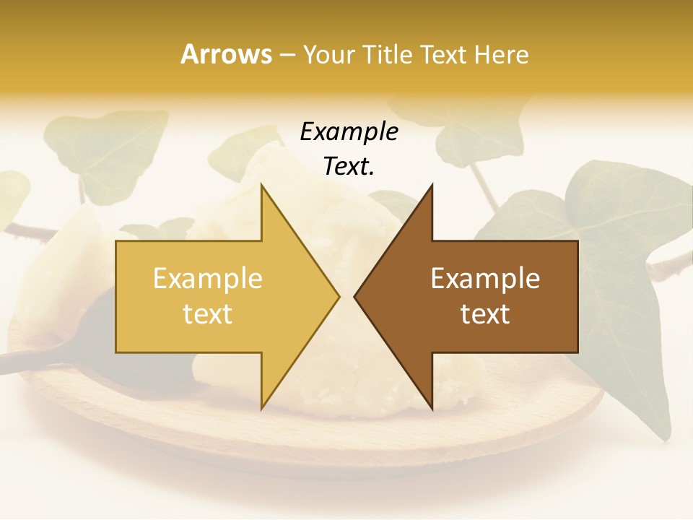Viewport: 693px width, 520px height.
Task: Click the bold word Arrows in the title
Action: (227, 54)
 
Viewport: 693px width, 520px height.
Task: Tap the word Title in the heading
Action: (388, 54)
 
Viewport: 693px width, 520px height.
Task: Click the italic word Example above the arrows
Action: (349, 132)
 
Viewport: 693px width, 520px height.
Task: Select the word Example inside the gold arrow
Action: (208, 279)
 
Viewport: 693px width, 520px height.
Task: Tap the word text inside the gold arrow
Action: (208, 314)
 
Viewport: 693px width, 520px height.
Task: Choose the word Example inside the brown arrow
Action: (485, 279)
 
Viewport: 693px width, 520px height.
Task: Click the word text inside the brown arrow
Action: (485, 314)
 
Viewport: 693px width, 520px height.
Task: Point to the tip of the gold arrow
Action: (338, 296)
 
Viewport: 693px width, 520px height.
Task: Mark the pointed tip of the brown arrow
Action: (356, 296)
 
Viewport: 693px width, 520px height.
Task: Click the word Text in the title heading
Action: (445, 54)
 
